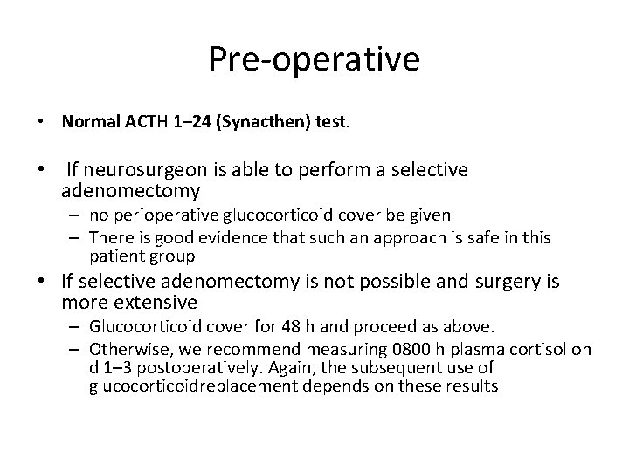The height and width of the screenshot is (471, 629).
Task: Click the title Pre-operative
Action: (x=314, y=59)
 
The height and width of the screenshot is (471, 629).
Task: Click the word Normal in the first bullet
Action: (x=86, y=121)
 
